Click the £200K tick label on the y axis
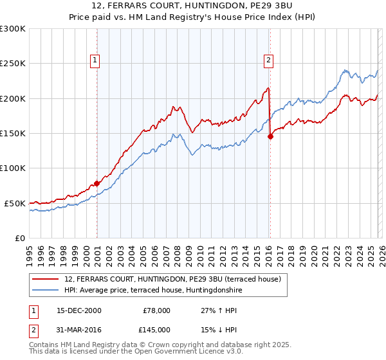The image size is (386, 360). pos(13,98)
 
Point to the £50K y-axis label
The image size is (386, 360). pos(15,203)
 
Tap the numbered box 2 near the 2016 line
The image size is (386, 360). pos(268,60)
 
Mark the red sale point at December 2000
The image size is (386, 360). pos(96,183)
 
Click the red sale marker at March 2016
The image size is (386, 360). pos(270,136)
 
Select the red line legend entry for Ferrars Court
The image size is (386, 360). pos(172,280)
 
